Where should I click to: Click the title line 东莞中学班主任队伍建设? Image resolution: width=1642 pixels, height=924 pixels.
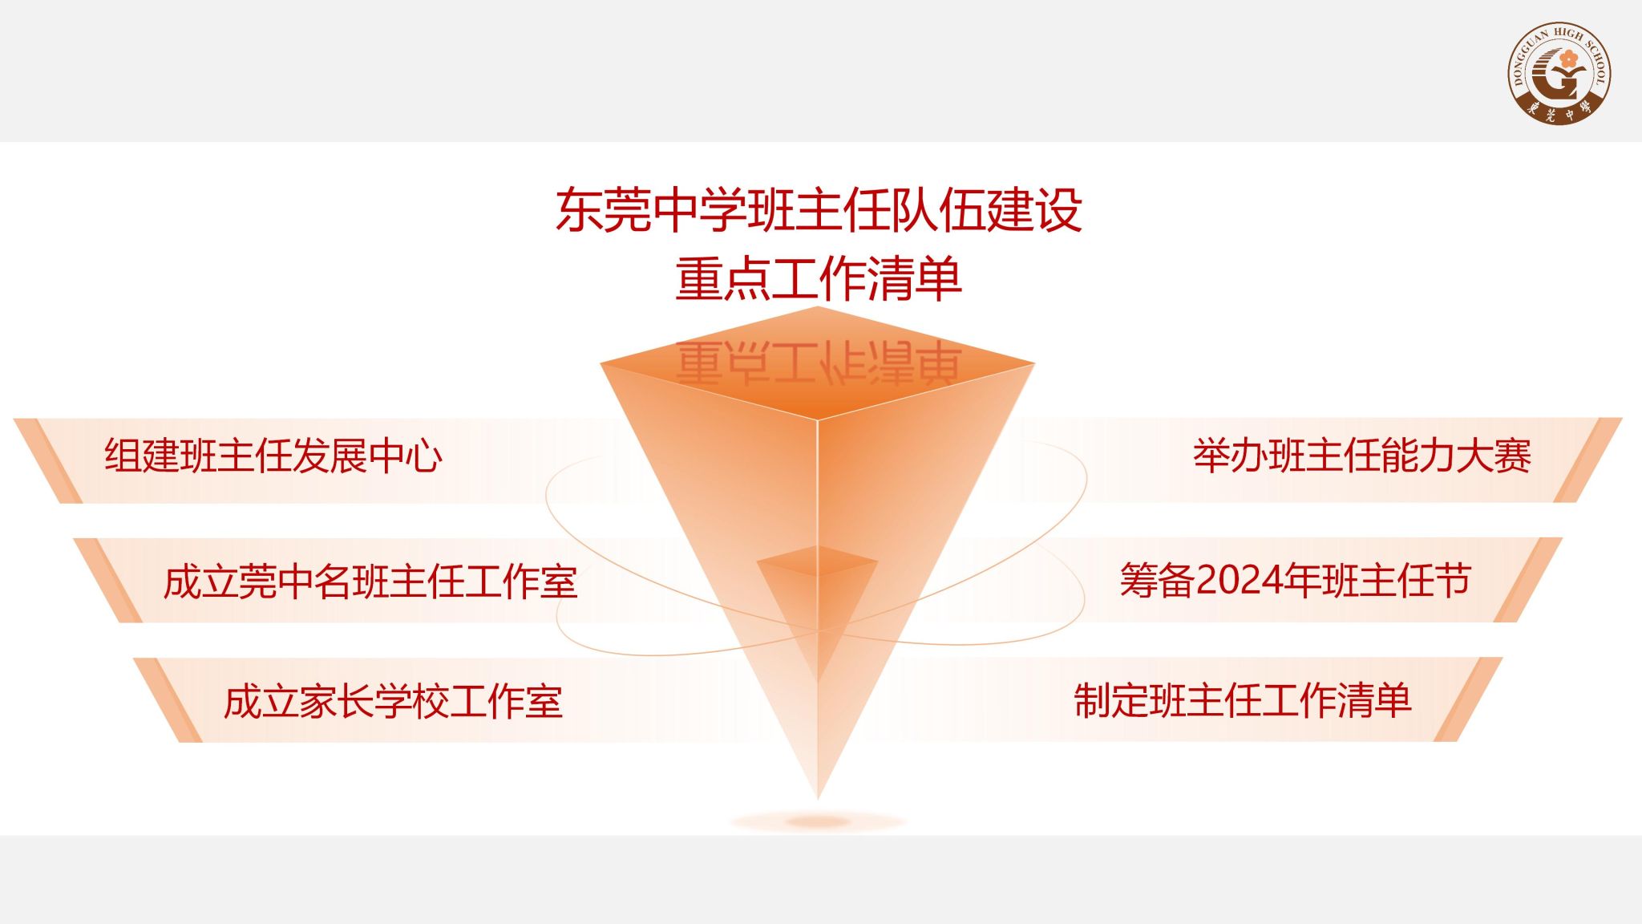pyautogui.click(x=819, y=210)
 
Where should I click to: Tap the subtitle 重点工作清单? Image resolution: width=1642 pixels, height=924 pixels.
pyautogui.click(x=819, y=279)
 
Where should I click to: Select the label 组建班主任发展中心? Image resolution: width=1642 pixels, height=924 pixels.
pyautogui.click(x=273, y=456)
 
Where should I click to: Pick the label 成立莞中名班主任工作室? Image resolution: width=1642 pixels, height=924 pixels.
pyautogui.click(x=370, y=582)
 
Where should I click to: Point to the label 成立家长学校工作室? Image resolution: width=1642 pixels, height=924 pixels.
pyautogui.click(x=393, y=701)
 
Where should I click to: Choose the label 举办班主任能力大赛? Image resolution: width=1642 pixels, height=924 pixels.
pyautogui.click(x=1362, y=456)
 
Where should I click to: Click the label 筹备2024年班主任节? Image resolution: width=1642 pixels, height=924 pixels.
pyautogui.click(x=1295, y=580)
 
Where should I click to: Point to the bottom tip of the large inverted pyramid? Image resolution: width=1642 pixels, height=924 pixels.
pyautogui.click(x=818, y=799)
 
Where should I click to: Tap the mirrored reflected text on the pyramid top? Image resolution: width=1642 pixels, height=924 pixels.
pyautogui.click(x=819, y=363)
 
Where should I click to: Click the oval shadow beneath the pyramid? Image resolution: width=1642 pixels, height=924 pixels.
pyautogui.click(x=818, y=821)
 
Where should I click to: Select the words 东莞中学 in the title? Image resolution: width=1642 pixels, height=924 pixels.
pyautogui.click(x=650, y=210)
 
